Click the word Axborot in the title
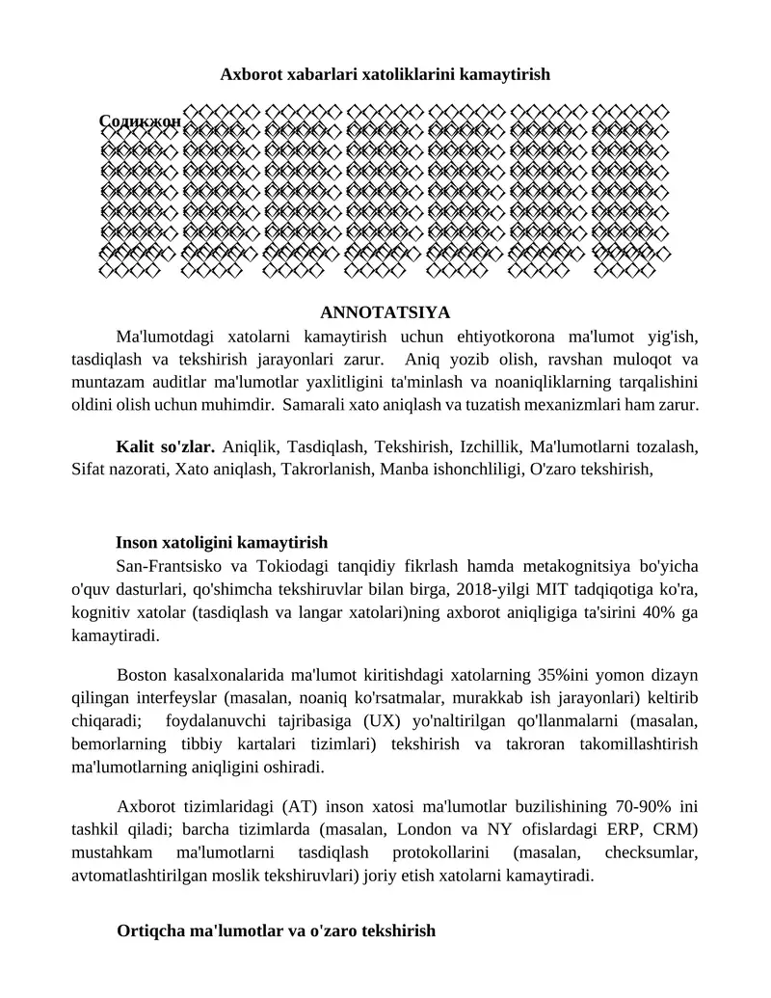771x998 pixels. (x=248, y=74)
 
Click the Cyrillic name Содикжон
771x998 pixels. (x=140, y=122)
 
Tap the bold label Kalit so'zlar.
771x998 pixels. (x=165, y=447)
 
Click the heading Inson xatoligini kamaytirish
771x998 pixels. (x=222, y=543)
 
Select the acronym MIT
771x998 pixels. (x=518, y=588)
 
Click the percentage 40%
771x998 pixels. (x=660, y=611)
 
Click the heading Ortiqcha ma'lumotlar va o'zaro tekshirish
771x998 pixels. (x=276, y=931)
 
